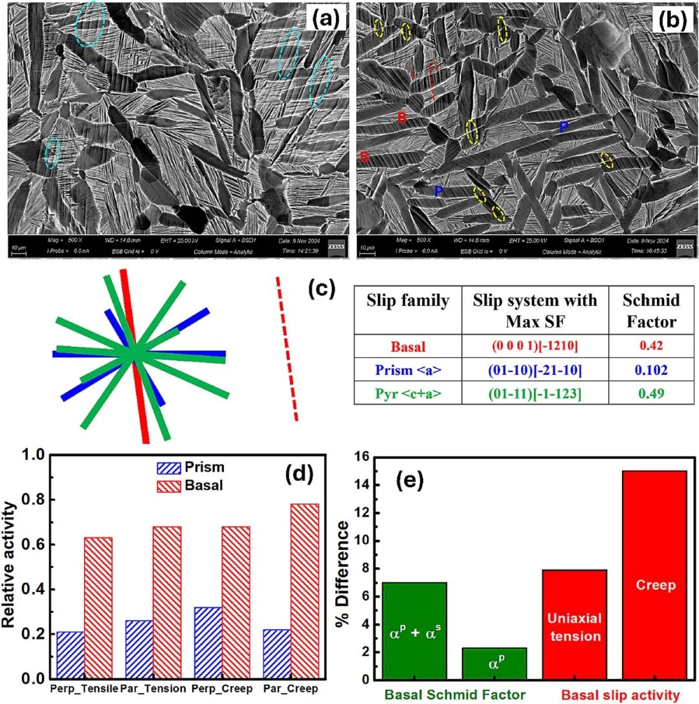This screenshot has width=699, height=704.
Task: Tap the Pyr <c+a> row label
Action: click(408, 392)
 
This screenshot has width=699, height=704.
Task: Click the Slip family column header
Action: click(408, 301)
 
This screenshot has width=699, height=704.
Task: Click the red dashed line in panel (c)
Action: click(287, 349)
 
